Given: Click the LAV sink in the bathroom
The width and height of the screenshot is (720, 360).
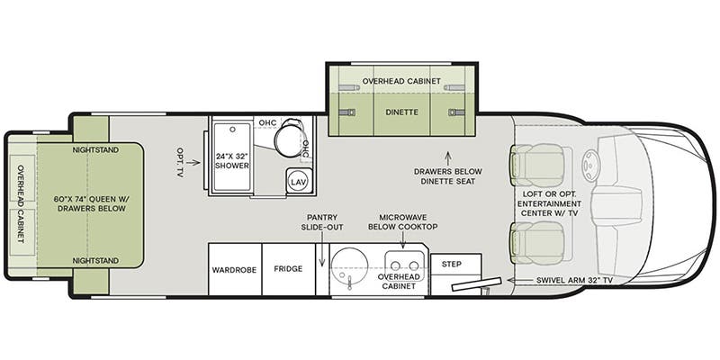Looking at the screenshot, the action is point(300,181).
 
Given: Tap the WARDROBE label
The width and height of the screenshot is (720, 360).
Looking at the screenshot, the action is point(234,270).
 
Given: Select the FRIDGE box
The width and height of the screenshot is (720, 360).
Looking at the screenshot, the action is point(288,269).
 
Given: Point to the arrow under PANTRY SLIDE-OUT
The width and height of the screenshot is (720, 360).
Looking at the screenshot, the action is point(322,248).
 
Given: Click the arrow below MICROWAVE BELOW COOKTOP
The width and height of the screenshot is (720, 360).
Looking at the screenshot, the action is point(402,240).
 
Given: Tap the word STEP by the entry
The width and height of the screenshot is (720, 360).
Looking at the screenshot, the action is point(452,264).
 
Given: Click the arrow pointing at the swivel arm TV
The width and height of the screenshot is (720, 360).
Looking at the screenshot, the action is point(519,280).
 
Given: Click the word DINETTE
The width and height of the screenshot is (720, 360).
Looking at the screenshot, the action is point(401,112).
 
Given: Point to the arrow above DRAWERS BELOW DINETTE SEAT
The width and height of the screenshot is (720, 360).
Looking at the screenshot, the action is point(447,158).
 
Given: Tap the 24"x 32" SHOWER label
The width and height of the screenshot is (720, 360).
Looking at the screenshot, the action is point(232,161).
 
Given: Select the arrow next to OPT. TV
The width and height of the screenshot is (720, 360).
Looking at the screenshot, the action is point(193,162).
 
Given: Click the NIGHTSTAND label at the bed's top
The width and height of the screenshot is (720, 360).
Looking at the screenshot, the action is point(95,150).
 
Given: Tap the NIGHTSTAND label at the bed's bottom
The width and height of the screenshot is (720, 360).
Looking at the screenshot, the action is point(95,261).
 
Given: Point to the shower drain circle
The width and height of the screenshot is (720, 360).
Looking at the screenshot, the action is point(233,130).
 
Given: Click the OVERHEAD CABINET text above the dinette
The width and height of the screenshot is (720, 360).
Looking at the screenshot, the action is point(401,81).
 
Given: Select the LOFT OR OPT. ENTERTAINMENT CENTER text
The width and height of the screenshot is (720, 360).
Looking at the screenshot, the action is point(549,203).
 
